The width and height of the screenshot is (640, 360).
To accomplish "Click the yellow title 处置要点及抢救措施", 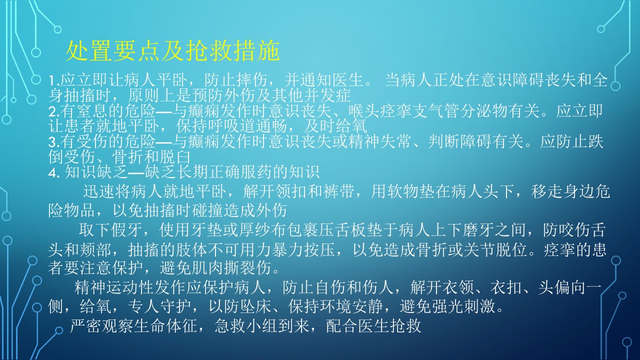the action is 173,51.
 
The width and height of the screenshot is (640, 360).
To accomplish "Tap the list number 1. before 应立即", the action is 54,81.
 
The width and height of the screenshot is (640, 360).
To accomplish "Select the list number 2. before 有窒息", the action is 54,112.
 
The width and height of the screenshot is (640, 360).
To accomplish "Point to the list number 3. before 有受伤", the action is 54,142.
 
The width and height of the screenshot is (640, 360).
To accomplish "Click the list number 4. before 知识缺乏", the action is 54,173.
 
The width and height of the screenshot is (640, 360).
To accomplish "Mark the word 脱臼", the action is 175,157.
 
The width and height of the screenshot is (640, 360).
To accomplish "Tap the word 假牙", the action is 126,230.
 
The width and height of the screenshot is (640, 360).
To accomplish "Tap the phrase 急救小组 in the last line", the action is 246,325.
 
